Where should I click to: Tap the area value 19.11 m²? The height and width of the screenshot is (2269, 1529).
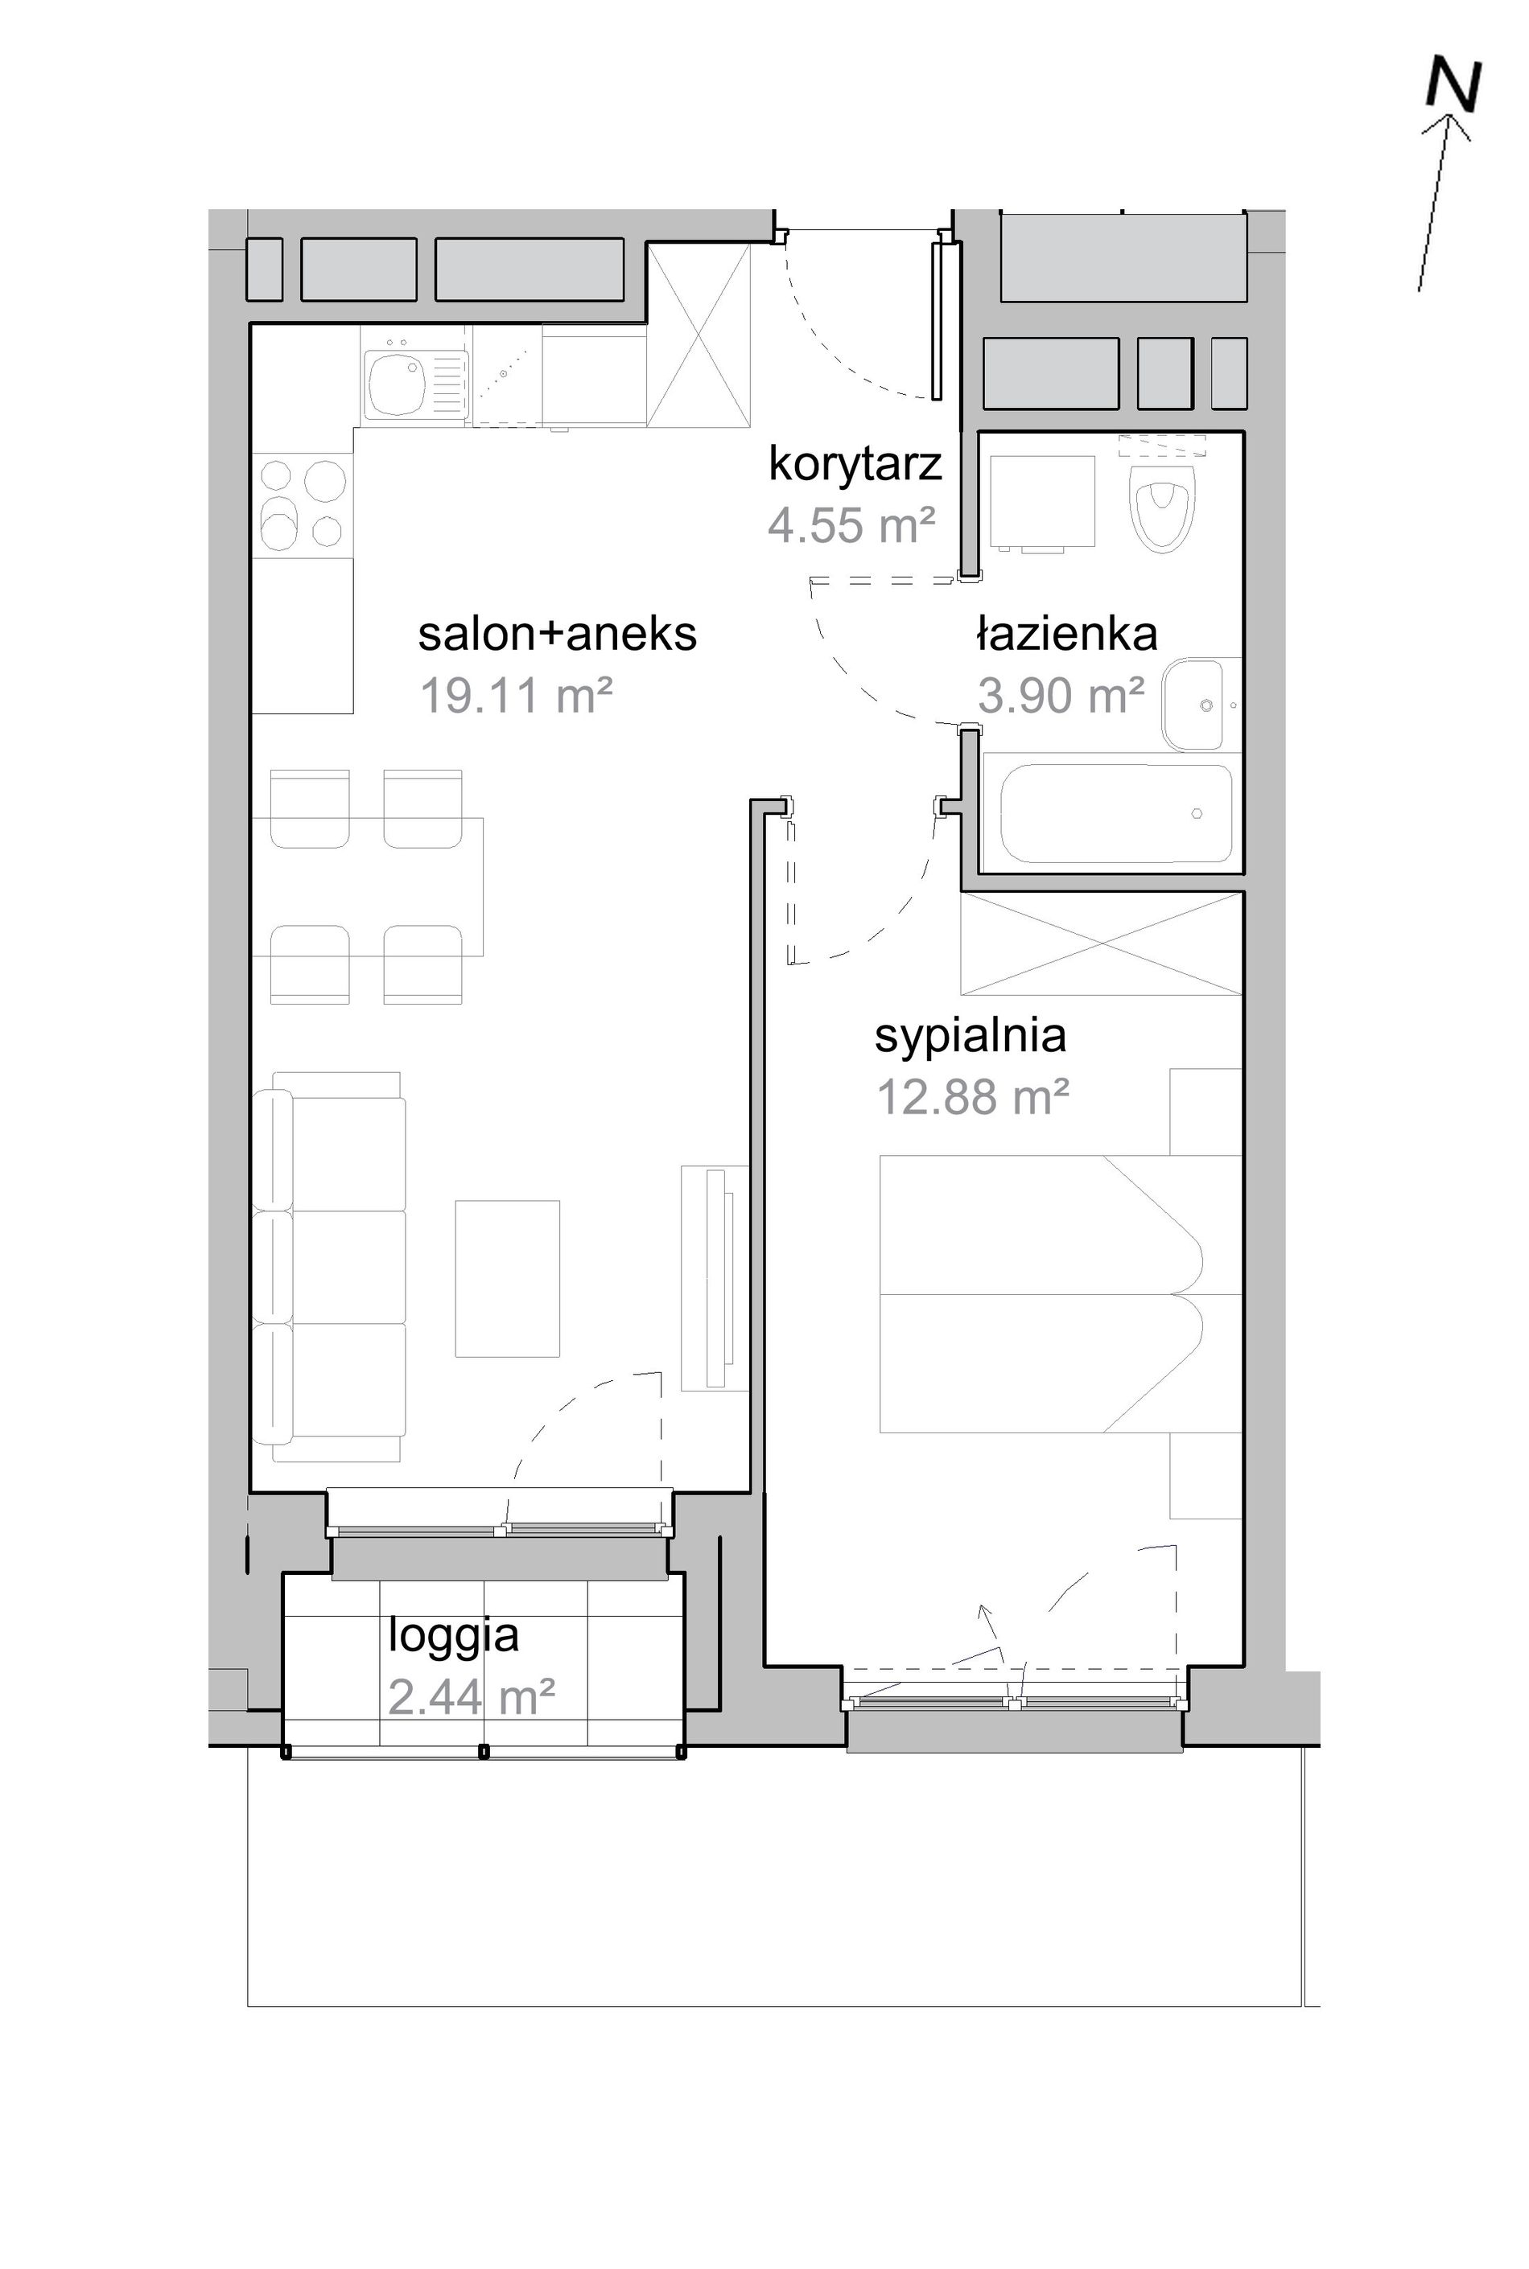pyautogui.click(x=516, y=696)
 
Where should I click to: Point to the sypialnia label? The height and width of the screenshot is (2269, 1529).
pyautogui.click(x=971, y=1037)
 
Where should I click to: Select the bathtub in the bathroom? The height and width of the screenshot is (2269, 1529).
pyautogui.click(x=1116, y=814)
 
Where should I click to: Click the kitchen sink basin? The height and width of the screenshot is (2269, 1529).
pyautogui.click(x=395, y=383)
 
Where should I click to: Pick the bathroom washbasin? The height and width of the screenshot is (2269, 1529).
pyautogui.click(x=1193, y=705)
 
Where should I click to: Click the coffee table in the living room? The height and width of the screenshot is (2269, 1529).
pyautogui.click(x=507, y=1278)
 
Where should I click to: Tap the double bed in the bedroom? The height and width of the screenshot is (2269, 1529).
pyautogui.click(x=1060, y=1294)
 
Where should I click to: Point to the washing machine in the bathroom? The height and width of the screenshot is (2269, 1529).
pyautogui.click(x=1041, y=502)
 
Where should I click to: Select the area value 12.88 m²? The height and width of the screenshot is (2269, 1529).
pyautogui.click(x=973, y=1097)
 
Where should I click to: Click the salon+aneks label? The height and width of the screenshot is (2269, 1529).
pyautogui.click(x=558, y=635)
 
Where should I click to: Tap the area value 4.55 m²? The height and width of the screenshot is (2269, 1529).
pyautogui.click(x=851, y=525)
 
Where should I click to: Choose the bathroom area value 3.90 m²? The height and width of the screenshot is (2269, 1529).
pyautogui.click(x=1061, y=696)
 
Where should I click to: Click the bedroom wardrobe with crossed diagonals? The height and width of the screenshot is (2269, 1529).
pyautogui.click(x=1102, y=943)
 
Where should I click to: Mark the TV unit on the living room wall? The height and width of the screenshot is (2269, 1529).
pyautogui.click(x=715, y=1276)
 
